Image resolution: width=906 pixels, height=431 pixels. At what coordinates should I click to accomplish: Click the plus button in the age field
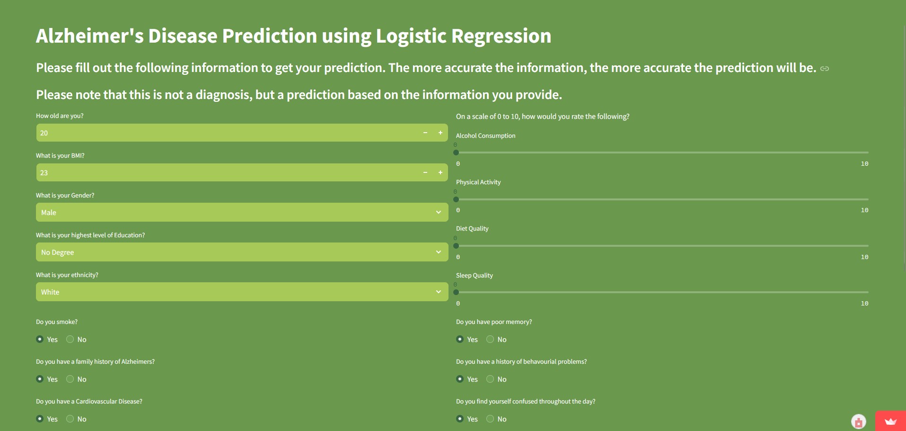click(x=440, y=133)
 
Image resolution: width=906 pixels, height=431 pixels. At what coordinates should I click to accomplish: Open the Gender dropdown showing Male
click(x=242, y=212)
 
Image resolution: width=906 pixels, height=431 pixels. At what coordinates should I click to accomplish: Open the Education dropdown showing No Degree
click(x=242, y=252)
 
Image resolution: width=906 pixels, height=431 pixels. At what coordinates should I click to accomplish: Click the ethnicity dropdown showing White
click(x=242, y=292)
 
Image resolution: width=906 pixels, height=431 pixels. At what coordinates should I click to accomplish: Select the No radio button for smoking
click(x=70, y=339)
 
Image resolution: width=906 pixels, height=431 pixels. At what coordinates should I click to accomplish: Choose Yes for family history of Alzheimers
click(x=40, y=379)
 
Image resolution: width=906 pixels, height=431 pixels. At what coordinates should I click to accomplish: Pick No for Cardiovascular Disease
click(x=70, y=419)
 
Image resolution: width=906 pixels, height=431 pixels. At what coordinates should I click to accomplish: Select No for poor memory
click(x=490, y=339)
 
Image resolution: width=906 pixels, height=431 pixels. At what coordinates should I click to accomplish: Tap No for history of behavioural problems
click(x=490, y=379)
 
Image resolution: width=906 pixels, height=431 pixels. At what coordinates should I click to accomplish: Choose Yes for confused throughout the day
click(x=460, y=419)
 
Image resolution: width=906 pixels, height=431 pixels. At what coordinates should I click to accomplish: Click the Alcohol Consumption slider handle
click(x=456, y=153)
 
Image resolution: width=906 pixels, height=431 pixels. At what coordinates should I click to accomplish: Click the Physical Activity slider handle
click(x=456, y=199)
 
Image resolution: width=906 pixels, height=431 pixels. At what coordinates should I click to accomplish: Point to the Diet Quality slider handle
click(x=456, y=246)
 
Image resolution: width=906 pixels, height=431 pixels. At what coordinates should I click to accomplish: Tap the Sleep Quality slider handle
click(x=456, y=292)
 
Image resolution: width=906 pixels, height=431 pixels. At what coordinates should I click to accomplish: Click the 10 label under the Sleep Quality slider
click(x=864, y=304)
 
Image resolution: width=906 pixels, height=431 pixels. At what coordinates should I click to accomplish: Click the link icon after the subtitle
click(x=825, y=69)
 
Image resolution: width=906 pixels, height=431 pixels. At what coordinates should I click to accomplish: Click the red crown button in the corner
click(x=890, y=421)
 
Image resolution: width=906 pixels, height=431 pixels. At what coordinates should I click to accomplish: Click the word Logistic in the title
click(x=411, y=36)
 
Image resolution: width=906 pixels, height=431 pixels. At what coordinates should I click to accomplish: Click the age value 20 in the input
click(x=44, y=133)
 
